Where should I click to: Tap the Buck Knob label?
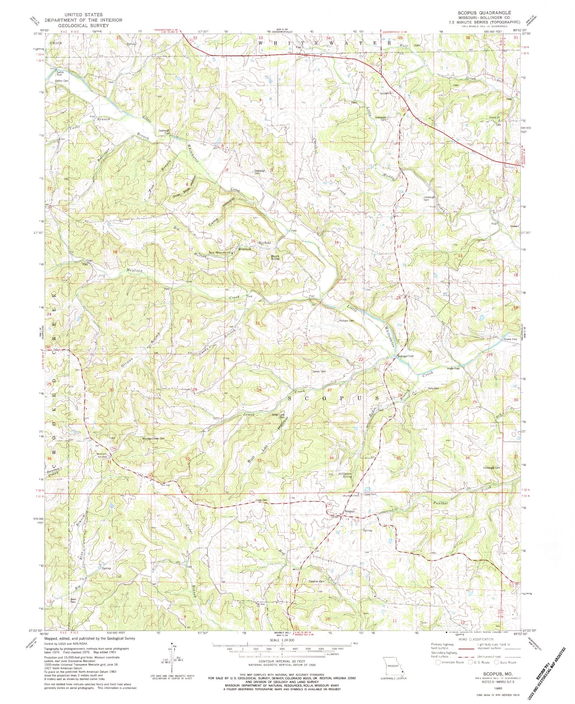pos(275,257)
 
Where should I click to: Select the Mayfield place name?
pos(264,243)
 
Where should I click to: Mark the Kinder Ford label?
pos(511,339)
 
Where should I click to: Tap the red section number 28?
pos(259,390)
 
